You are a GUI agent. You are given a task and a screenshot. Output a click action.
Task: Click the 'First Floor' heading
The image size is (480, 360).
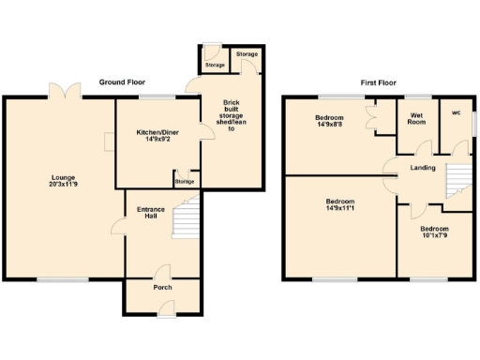pyautogui.click(x=379, y=82)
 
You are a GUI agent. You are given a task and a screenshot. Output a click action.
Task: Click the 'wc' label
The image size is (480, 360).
pyautogui.click(x=457, y=113)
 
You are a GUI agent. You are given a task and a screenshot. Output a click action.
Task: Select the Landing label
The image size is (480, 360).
pyautogui.click(x=423, y=168)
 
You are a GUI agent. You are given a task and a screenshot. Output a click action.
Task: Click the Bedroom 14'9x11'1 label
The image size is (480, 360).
pyautogui.click(x=339, y=205)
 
